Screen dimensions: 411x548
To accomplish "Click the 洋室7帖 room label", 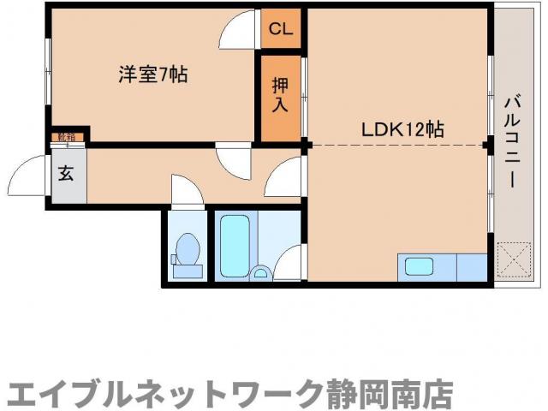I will coord(152,74).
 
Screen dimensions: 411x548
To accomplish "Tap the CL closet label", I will coord(281,28).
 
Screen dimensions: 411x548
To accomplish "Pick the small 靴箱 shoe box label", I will coord(65,137).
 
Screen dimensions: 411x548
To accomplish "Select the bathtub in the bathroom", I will coord(234,244).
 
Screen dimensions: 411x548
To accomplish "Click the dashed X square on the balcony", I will coord(515,260).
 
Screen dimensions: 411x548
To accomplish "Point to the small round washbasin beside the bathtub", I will coord(263,274).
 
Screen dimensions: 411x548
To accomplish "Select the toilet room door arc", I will coord(187,190).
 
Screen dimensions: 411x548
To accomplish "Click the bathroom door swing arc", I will coord(289,260).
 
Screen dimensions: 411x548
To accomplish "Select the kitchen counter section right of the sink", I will coord(470,266).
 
